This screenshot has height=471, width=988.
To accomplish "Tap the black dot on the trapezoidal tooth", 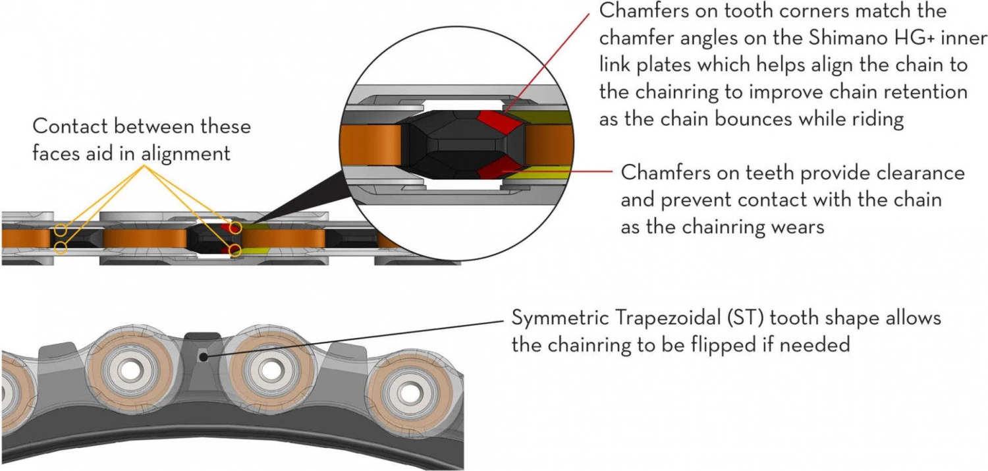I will [204, 356].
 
